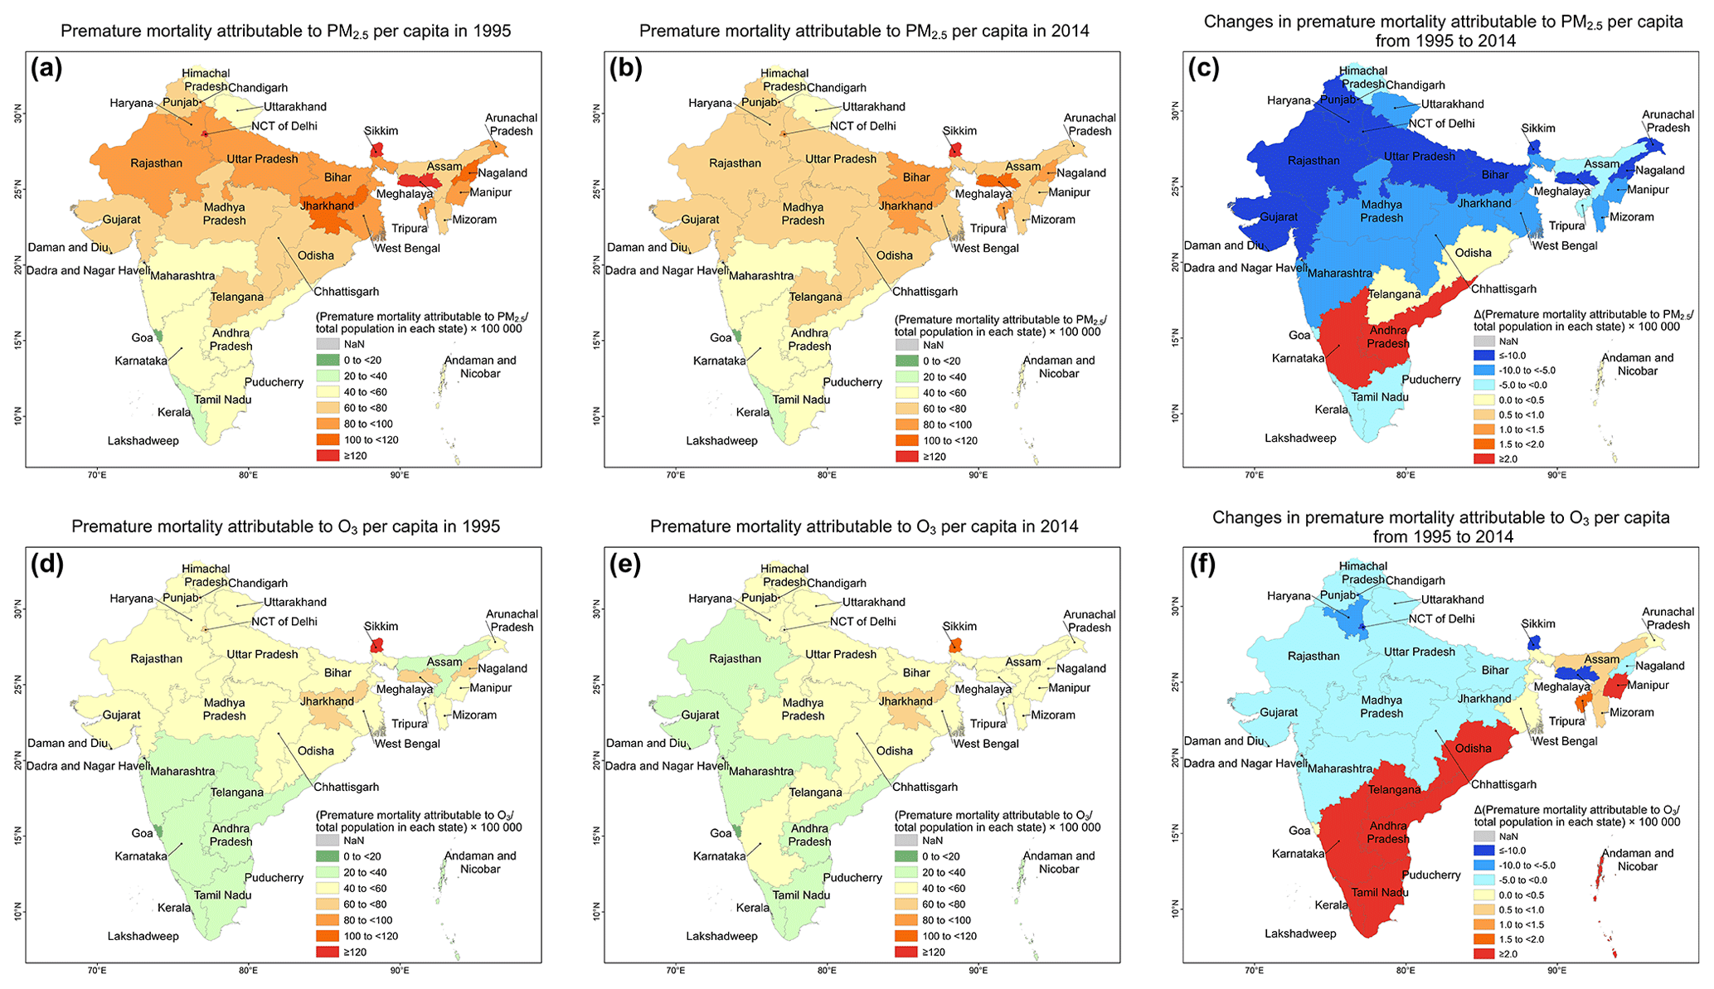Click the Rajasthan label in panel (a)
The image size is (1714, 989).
click(156, 163)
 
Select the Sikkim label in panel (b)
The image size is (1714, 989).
click(959, 131)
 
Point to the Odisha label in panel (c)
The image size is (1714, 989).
click(1473, 253)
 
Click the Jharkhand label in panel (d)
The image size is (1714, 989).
click(327, 701)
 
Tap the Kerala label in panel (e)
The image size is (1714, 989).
click(752, 908)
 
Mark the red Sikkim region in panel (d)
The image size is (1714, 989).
click(377, 645)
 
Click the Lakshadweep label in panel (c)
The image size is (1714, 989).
click(1300, 439)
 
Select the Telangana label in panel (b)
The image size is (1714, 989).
click(815, 297)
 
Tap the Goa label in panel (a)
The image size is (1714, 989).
click(142, 337)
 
